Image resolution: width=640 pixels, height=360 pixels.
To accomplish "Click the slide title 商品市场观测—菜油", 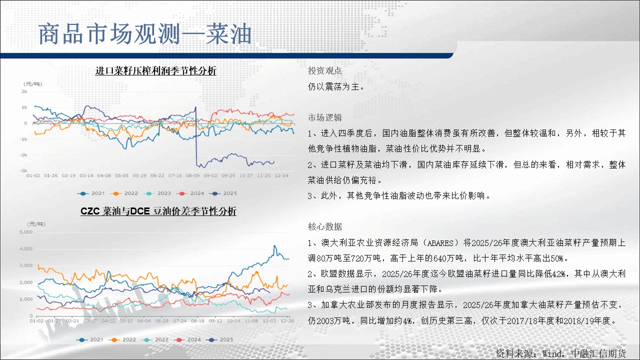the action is (x=145, y=34).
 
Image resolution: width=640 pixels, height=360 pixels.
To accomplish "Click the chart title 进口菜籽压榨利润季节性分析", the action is (x=155, y=70).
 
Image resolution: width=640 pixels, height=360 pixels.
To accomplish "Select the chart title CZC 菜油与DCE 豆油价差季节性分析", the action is (x=158, y=211).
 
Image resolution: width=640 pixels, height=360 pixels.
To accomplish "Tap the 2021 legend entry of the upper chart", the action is (x=91, y=193).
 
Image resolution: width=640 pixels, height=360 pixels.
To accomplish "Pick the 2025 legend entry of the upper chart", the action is (x=223, y=193).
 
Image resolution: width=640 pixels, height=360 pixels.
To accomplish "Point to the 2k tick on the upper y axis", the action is (x=24, y=91).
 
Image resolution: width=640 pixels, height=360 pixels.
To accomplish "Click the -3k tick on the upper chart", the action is (x=23, y=170).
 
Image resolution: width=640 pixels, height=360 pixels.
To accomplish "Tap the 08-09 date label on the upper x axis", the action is (x=193, y=175).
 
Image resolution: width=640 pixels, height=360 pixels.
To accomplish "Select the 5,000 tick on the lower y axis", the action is (x=26, y=232).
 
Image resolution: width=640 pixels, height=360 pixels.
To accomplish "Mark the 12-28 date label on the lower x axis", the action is (x=287, y=321).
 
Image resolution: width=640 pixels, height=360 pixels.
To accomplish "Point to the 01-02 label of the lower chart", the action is (x=37, y=321).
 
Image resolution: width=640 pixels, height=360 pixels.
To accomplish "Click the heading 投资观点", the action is (x=325, y=71).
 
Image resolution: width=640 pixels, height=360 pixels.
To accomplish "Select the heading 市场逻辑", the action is (x=325, y=117).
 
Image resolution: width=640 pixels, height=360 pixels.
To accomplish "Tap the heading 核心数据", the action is (x=325, y=227).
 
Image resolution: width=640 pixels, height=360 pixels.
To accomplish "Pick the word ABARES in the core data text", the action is (x=440, y=243).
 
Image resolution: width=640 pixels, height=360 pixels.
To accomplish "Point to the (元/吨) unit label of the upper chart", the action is (x=33, y=84).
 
